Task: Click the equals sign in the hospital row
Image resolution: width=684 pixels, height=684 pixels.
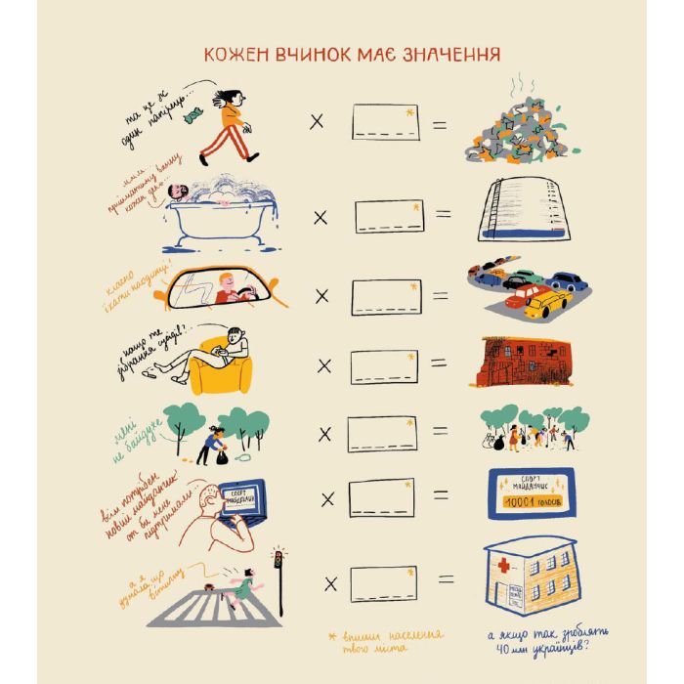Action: click(x=444, y=581)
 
